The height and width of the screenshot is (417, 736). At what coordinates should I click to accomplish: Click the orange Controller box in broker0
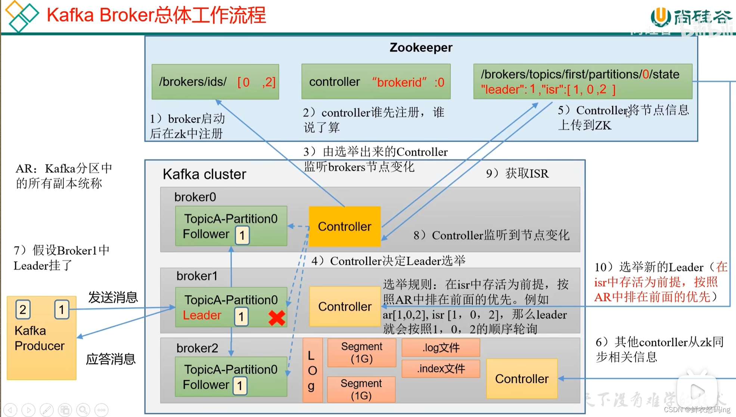tap(344, 226)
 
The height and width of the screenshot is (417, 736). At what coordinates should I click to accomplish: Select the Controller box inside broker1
tap(344, 306)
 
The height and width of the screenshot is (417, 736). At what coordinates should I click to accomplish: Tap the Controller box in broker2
tap(522, 379)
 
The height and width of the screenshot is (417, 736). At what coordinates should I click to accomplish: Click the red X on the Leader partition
tap(277, 318)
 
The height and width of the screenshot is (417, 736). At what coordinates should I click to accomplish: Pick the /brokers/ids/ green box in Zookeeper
tap(215, 81)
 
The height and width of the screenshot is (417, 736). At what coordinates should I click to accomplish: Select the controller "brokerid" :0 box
tap(376, 81)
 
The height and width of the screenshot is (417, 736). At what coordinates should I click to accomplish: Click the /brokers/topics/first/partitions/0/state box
tap(582, 81)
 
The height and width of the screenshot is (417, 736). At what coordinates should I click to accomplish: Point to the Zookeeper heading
tap(421, 47)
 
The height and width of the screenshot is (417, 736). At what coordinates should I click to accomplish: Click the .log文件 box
tap(441, 347)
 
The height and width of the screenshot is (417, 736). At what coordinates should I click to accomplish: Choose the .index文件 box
tap(441, 369)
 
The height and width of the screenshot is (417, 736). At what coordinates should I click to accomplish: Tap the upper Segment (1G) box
tap(361, 352)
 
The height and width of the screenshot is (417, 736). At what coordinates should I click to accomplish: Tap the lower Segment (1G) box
tap(361, 389)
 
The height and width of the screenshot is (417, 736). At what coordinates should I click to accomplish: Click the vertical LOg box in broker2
tap(312, 370)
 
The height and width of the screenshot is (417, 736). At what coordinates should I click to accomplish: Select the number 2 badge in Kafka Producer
tap(23, 309)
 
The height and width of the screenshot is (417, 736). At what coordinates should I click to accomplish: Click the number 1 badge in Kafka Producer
tap(62, 309)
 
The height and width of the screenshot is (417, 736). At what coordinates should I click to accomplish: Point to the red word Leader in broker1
tap(202, 315)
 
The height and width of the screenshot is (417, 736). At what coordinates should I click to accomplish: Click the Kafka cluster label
tap(204, 174)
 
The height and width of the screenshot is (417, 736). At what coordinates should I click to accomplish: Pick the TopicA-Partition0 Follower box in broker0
tap(231, 226)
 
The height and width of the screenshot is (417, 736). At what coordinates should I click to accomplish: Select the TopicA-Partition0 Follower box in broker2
tap(231, 377)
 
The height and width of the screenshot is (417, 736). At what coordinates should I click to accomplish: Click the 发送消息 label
tap(113, 297)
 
